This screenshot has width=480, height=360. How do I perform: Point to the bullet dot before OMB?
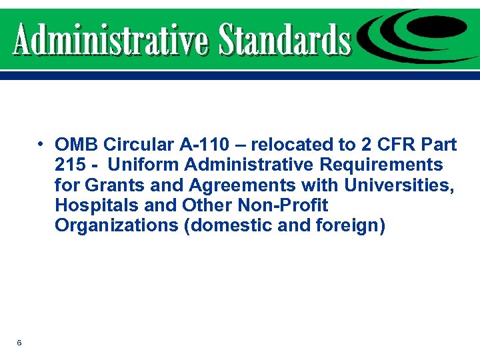41,144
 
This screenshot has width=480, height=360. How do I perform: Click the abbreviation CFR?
390,145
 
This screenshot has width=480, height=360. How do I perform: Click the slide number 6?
19,343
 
